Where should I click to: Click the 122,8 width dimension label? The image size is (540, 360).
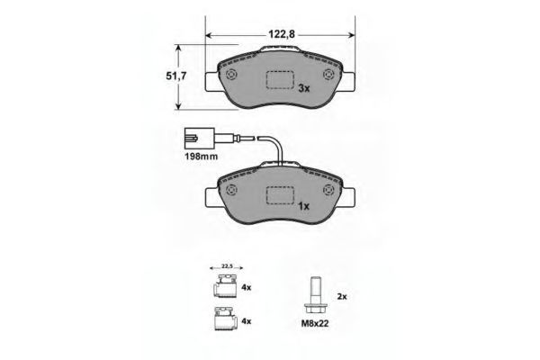[282, 34]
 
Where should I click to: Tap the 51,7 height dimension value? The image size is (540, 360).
[176, 76]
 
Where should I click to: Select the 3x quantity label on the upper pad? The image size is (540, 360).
[304, 88]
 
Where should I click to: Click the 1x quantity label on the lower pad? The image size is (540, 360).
[304, 206]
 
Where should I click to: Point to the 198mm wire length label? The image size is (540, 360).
[202, 157]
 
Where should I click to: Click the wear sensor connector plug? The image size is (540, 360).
[199, 139]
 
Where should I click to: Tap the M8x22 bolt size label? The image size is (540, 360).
[315, 324]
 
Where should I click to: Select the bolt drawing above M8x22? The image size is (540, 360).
[315, 295]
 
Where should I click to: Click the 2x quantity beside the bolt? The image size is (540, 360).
[342, 296]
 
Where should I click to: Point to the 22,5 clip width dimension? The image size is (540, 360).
[227, 266]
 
